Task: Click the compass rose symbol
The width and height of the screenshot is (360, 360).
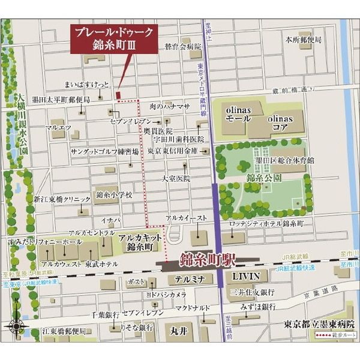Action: pos(16,327)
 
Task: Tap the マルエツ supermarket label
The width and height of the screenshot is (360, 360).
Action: pos(58,127)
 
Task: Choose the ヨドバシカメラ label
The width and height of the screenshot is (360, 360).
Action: pos(166,295)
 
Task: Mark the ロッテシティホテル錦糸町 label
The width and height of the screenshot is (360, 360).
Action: pos(266,223)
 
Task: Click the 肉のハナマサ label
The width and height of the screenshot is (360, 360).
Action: pos(169,106)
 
